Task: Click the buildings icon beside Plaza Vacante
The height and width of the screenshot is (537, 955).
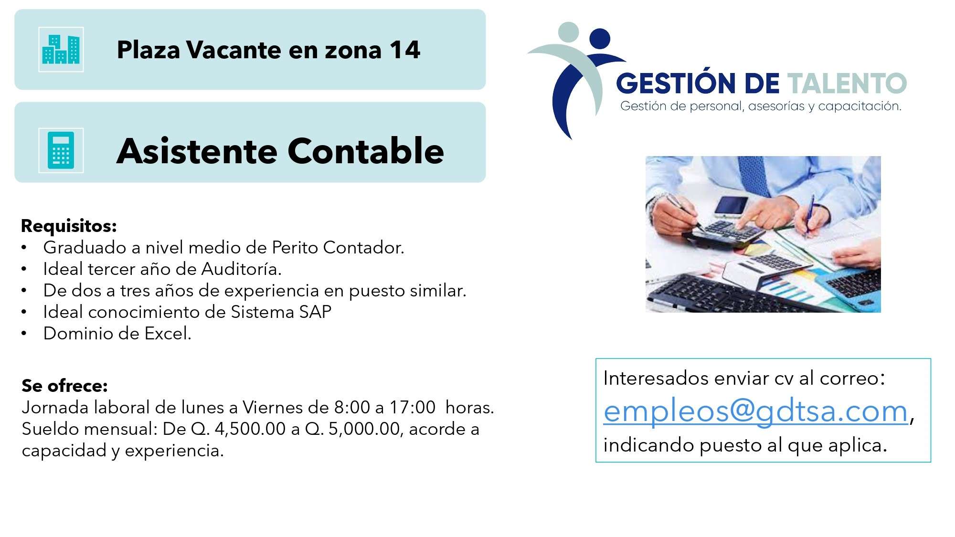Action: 61,50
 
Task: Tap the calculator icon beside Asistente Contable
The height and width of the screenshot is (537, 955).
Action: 61,150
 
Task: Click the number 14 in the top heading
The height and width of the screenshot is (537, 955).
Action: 405,50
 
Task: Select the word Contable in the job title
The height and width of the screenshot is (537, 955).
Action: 366,151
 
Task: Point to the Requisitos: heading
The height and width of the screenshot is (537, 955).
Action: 69,226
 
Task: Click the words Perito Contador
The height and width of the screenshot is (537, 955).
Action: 338,247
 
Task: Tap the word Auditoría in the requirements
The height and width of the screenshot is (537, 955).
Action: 241,269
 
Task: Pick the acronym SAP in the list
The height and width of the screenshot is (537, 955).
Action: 315,312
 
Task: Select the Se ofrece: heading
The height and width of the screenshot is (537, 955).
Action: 64,385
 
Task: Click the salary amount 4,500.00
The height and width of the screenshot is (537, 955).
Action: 250,429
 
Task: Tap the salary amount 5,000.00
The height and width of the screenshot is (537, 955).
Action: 364,429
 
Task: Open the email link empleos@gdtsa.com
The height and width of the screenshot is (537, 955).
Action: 755,411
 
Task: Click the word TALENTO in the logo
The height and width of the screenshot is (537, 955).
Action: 847,83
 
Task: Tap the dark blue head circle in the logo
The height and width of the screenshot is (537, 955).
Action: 600,39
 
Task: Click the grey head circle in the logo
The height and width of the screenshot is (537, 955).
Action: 568,32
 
